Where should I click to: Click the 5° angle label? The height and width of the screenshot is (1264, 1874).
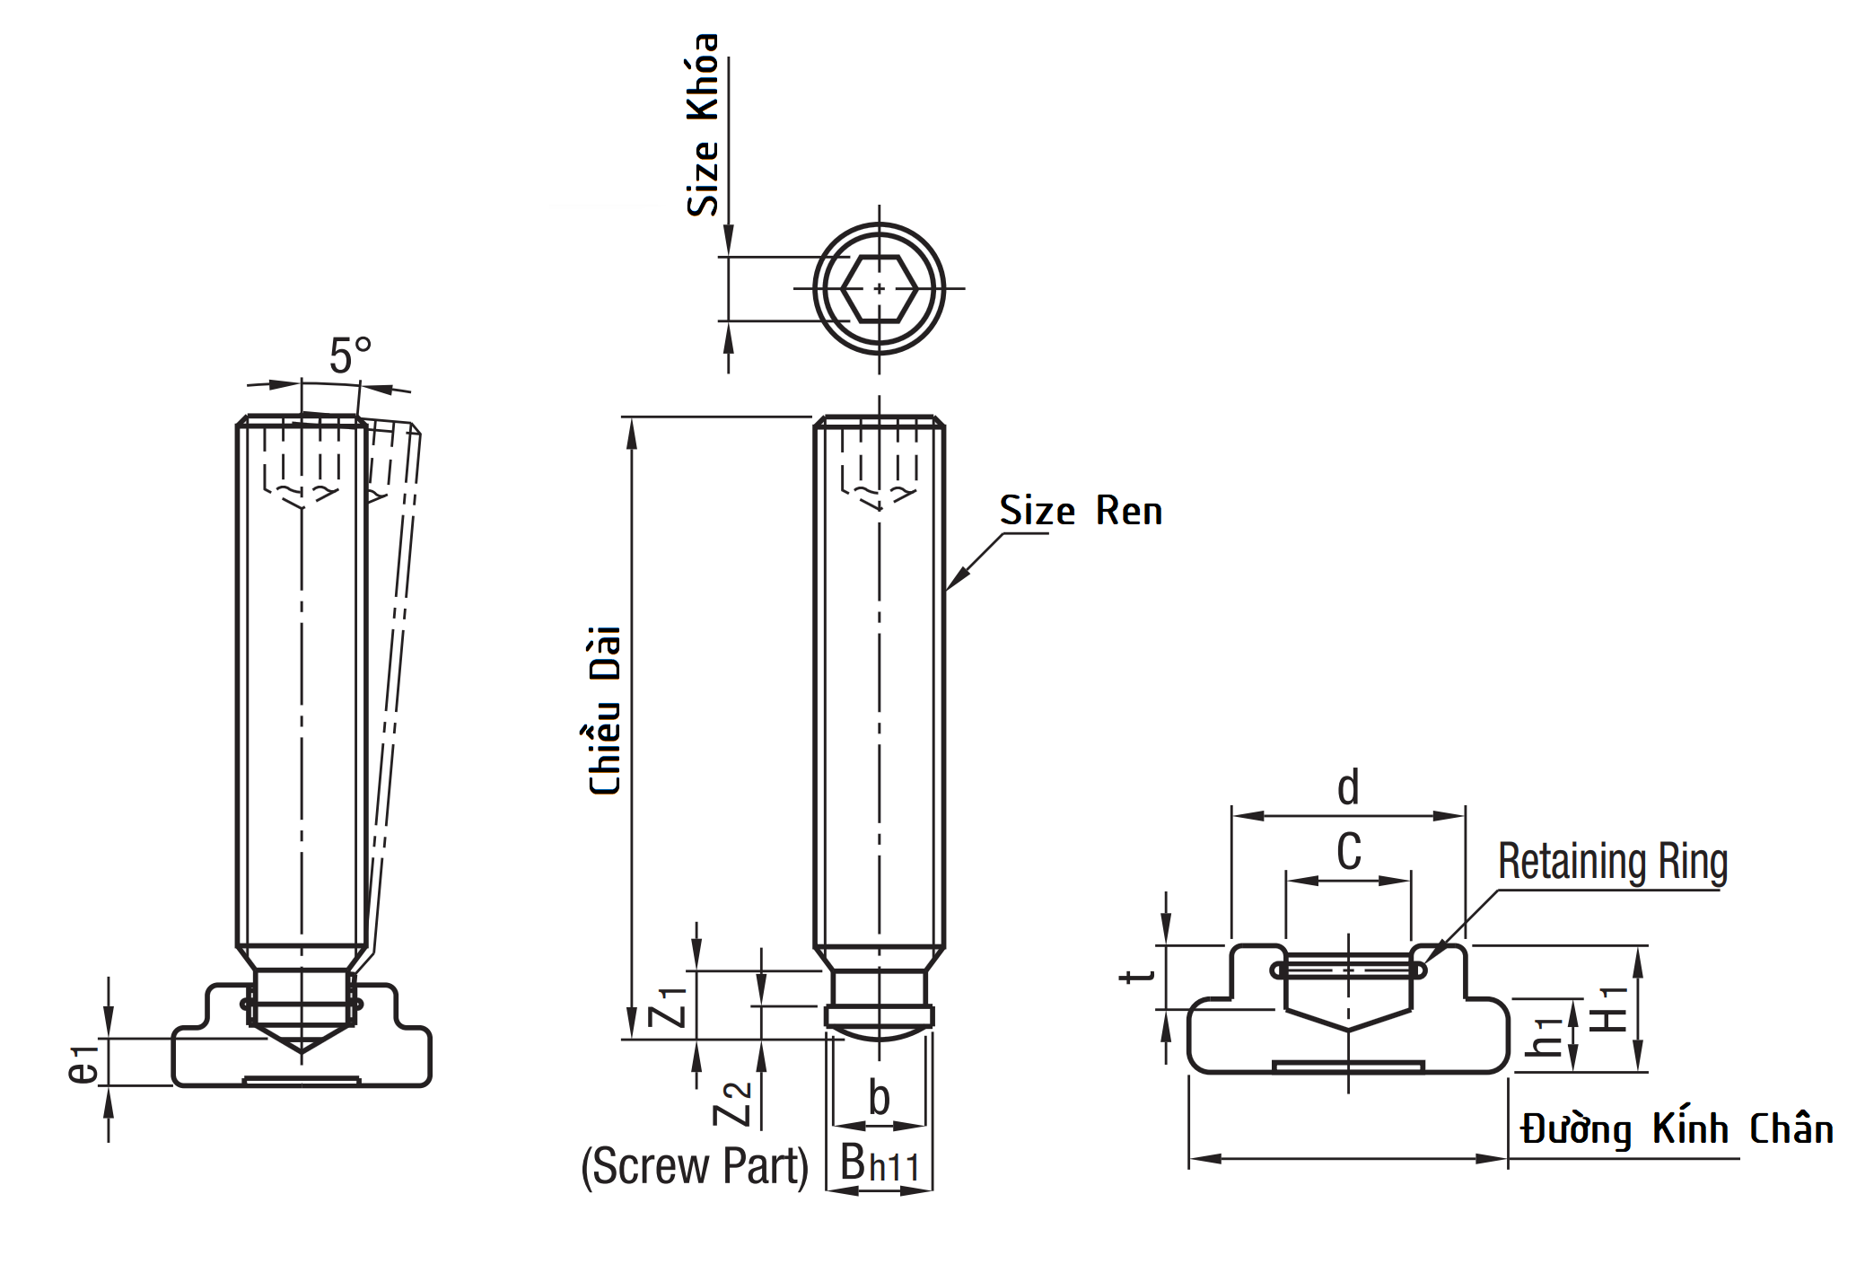(349, 356)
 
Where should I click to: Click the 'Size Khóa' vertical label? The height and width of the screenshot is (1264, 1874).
(703, 126)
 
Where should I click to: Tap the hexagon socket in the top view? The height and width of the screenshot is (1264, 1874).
(880, 288)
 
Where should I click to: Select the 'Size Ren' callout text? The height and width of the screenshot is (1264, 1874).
(1081, 511)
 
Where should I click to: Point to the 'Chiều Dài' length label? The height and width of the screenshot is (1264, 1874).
(605, 710)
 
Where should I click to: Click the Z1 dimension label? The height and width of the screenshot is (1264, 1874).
(669, 1006)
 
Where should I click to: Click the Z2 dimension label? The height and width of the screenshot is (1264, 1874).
(732, 1103)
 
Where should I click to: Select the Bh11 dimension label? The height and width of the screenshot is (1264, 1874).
(880, 1164)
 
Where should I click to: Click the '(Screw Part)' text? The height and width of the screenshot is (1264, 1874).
(695, 1166)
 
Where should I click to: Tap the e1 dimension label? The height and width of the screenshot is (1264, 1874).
(83, 1064)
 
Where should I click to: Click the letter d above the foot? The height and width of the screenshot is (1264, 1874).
(1348, 787)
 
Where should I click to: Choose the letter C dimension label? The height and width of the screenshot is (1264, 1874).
(1348, 851)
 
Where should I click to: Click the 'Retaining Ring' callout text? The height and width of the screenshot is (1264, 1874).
(1612, 862)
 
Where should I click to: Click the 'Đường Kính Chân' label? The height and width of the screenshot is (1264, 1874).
(1677, 1129)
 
